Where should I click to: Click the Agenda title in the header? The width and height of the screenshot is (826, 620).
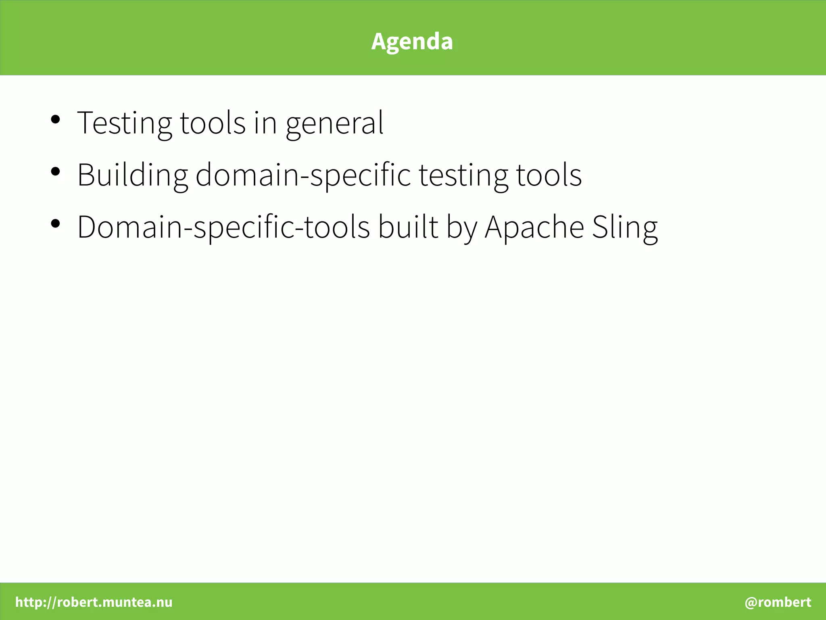412,41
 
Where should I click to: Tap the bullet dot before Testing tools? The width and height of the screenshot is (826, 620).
56,119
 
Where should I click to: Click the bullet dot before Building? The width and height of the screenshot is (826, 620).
56,171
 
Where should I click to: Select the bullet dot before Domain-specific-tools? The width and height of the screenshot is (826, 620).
56,223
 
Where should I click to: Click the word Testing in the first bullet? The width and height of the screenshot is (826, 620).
124,123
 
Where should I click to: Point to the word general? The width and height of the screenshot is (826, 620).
334,123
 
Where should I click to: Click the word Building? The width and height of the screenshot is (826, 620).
132,175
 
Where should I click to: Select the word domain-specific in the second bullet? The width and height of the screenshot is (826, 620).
303,175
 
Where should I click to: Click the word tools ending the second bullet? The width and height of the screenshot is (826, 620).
549,175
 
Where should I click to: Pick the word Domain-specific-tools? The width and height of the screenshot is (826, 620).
223,227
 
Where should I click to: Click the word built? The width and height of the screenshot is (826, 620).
408,227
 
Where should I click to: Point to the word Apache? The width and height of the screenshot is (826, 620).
534,227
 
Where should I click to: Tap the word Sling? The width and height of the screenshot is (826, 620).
625,227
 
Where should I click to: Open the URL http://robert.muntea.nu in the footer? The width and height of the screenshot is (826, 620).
94,602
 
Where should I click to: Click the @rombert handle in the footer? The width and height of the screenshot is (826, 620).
778,602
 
